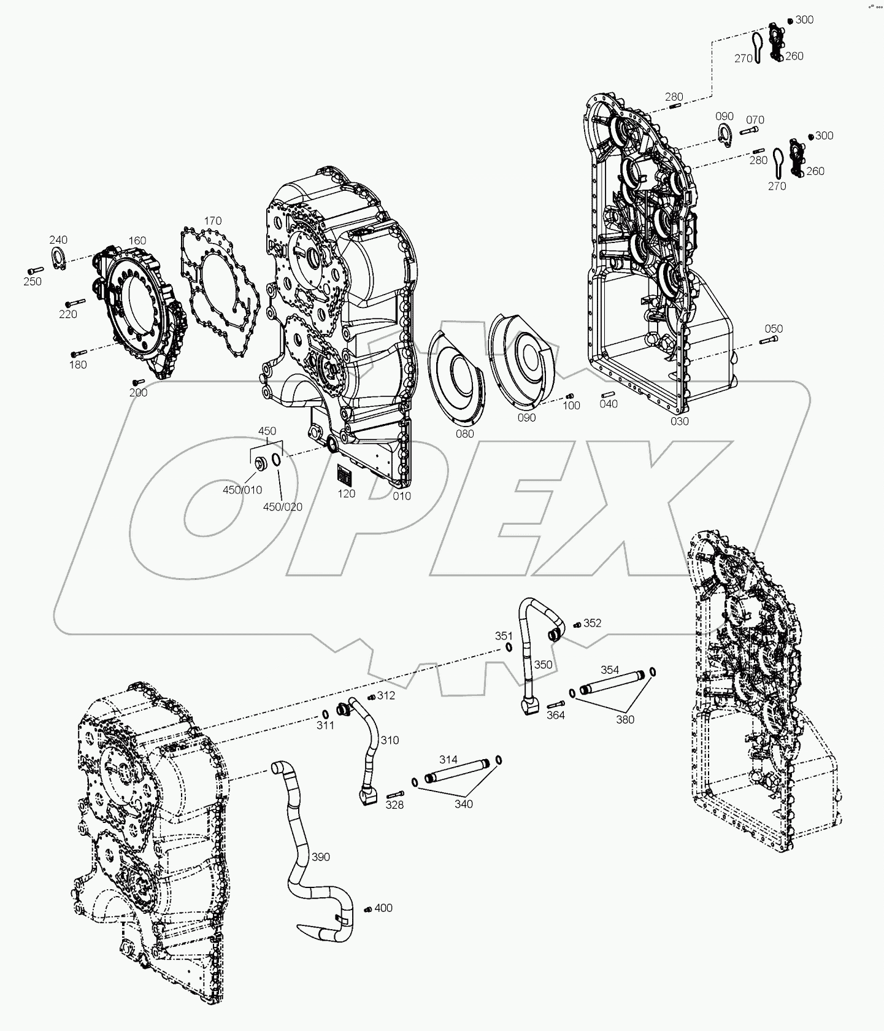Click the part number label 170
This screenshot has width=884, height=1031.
(x=213, y=221)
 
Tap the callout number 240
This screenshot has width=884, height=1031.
(x=58, y=240)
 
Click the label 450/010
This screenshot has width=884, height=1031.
(x=242, y=490)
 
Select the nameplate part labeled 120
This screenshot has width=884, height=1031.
(x=344, y=476)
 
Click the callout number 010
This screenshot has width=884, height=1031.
(x=402, y=496)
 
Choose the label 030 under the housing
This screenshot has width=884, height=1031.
(x=680, y=421)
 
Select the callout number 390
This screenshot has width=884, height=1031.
(x=320, y=857)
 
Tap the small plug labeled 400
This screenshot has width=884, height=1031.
(x=367, y=909)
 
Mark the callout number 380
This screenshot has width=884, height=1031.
(x=625, y=719)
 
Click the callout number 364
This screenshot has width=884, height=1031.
(x=555, y=716)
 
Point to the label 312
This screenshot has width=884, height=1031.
(x=386, y=695)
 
